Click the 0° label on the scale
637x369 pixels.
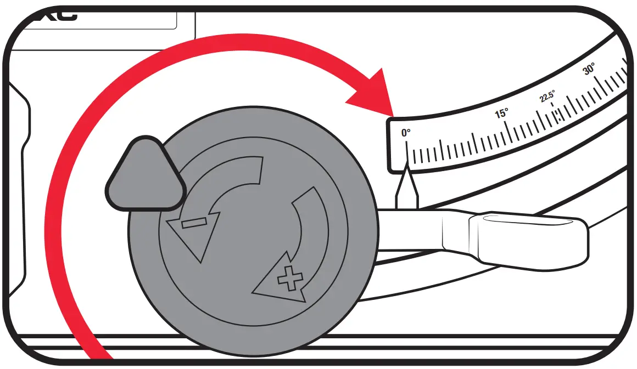coord(406,133)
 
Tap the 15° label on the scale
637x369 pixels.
coord(501,113)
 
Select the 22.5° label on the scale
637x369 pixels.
coord(547,97)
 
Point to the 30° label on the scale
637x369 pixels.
coord(589,70)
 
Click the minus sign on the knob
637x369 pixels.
coord(194,223)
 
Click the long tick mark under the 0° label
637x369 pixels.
coord(407,154)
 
